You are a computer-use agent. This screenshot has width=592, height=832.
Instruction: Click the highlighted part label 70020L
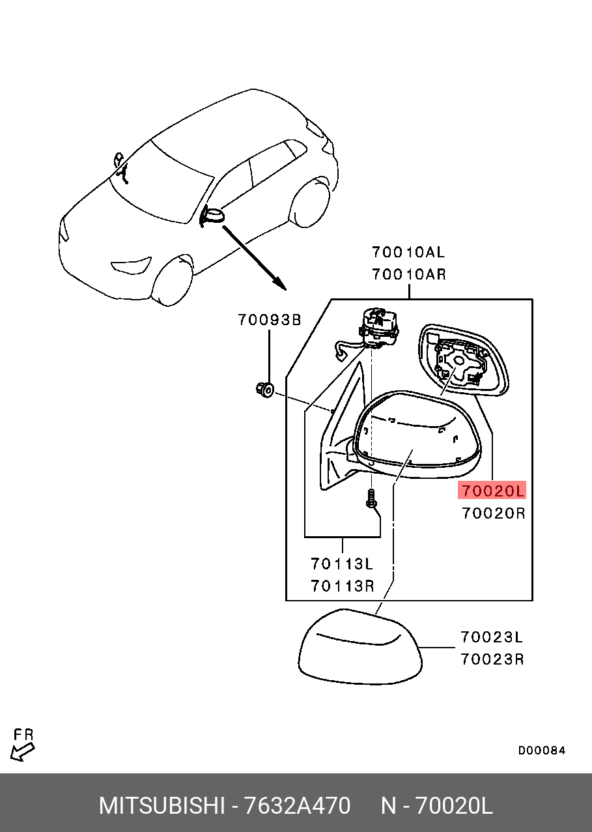492,491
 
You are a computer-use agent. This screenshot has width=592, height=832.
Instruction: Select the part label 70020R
493,513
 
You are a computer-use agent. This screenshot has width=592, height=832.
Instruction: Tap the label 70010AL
409,253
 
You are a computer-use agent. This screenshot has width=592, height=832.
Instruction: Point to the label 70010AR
409,274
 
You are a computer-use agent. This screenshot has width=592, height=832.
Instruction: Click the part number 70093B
269,320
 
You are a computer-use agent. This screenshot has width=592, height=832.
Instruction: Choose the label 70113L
342,564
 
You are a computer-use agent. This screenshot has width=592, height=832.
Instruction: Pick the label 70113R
342,586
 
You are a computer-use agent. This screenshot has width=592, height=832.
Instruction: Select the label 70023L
492,637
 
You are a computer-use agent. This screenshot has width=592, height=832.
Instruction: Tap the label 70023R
492,659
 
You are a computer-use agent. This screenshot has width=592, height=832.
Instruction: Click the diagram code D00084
542,751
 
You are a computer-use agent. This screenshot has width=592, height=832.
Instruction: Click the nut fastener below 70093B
265,390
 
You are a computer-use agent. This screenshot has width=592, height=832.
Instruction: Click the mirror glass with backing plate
462,362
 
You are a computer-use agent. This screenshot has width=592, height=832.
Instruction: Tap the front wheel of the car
172,281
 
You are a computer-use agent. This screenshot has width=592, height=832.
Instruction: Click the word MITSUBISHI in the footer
162,807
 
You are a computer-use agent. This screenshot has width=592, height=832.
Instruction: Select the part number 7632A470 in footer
296,807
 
